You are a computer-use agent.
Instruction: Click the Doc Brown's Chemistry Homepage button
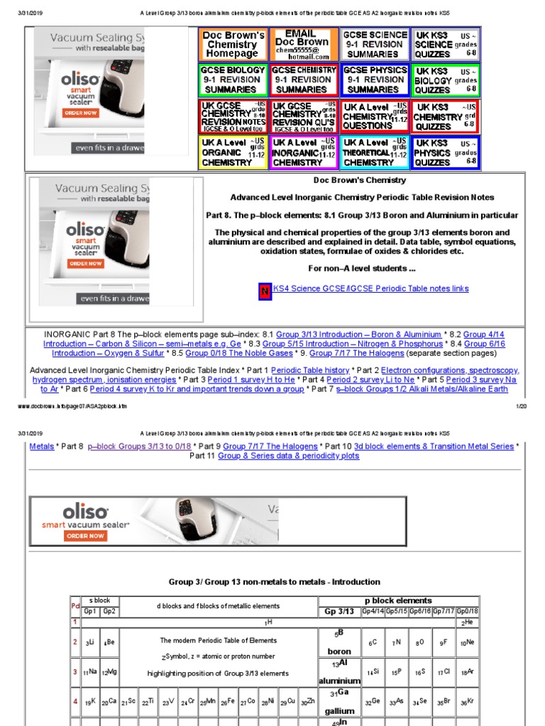(x=233, y=45)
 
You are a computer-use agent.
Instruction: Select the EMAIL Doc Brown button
(x=304, y=45)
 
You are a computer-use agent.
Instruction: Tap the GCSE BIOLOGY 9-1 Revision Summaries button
(x=233, y=80)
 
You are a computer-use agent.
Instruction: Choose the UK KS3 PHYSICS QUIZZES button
(x=446, y=152)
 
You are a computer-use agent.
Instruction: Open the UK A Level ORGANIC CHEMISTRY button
(x=233, y=152)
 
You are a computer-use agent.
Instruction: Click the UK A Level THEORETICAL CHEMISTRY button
(x=375, y=152)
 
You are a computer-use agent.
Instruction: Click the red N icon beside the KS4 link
(x=264, y=290)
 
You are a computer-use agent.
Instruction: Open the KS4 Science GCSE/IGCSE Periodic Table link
(x=370, y=289)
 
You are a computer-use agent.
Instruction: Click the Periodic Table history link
(x=310, y=370)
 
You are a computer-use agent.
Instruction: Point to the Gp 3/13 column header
(x=338, y=611)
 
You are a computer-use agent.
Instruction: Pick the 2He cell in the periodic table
(x=467, y=622)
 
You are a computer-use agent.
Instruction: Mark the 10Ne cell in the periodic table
(x=467, y=642)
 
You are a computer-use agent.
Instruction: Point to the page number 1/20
(x=521, y=406)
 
